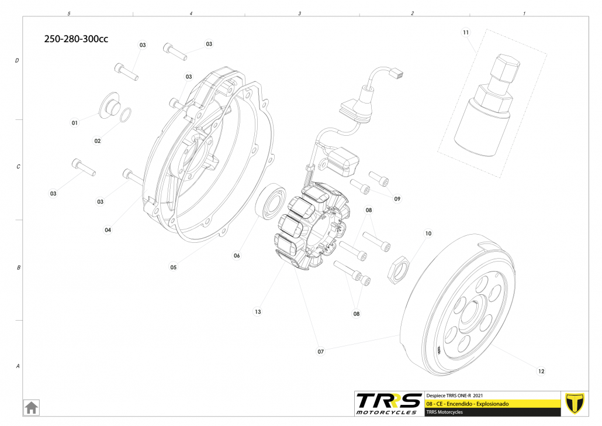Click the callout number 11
[x=466, y=32]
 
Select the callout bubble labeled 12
[x=541, y=371]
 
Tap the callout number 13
[x=258, y=312]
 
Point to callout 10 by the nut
[x=428, y=233]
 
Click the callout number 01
[x=75, y=123]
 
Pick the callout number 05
[x=174, y=267]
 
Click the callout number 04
[x=108, y=230]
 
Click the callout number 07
[x=321, y=352]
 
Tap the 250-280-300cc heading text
[x=76, y=39]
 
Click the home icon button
[x=31, y=407]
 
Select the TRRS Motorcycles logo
[x=389, y=404]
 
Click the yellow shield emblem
[x=576, y=403]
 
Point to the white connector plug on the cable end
[x=397, y=74]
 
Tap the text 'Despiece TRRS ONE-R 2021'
[x=456, y=396]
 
